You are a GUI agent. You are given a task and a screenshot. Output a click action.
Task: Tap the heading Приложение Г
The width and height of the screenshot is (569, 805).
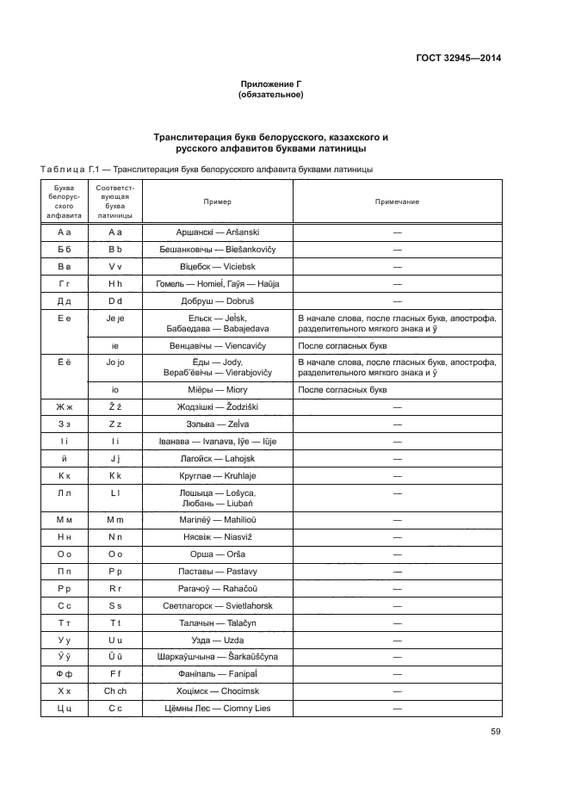(271, 84)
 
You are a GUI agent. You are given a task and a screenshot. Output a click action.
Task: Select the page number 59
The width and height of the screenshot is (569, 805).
(495, 732)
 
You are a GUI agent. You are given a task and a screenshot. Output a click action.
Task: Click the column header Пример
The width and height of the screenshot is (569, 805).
(217, 201)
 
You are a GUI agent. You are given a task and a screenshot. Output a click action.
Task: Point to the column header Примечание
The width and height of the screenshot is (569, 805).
(397, 201)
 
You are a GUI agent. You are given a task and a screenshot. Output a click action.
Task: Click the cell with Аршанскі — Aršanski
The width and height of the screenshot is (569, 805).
(217, 232)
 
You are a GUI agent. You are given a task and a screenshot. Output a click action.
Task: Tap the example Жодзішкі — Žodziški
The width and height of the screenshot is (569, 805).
(217, 406)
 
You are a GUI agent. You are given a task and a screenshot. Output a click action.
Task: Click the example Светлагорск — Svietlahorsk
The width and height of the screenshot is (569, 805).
(217, 605)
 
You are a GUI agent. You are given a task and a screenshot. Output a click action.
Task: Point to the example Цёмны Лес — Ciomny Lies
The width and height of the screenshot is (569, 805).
(217, 708)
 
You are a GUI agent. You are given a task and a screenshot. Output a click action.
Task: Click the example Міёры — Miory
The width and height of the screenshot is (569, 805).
(217, 389)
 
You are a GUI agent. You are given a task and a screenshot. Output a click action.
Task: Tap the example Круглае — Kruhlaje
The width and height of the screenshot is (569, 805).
(217, 475)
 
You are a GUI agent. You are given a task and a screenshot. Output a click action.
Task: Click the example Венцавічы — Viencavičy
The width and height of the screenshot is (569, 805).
(217, 345)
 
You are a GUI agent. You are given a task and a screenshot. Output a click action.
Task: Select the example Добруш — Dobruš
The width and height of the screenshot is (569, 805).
(217, 301)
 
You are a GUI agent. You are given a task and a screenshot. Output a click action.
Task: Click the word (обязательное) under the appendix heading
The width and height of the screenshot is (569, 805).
(271, 95)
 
